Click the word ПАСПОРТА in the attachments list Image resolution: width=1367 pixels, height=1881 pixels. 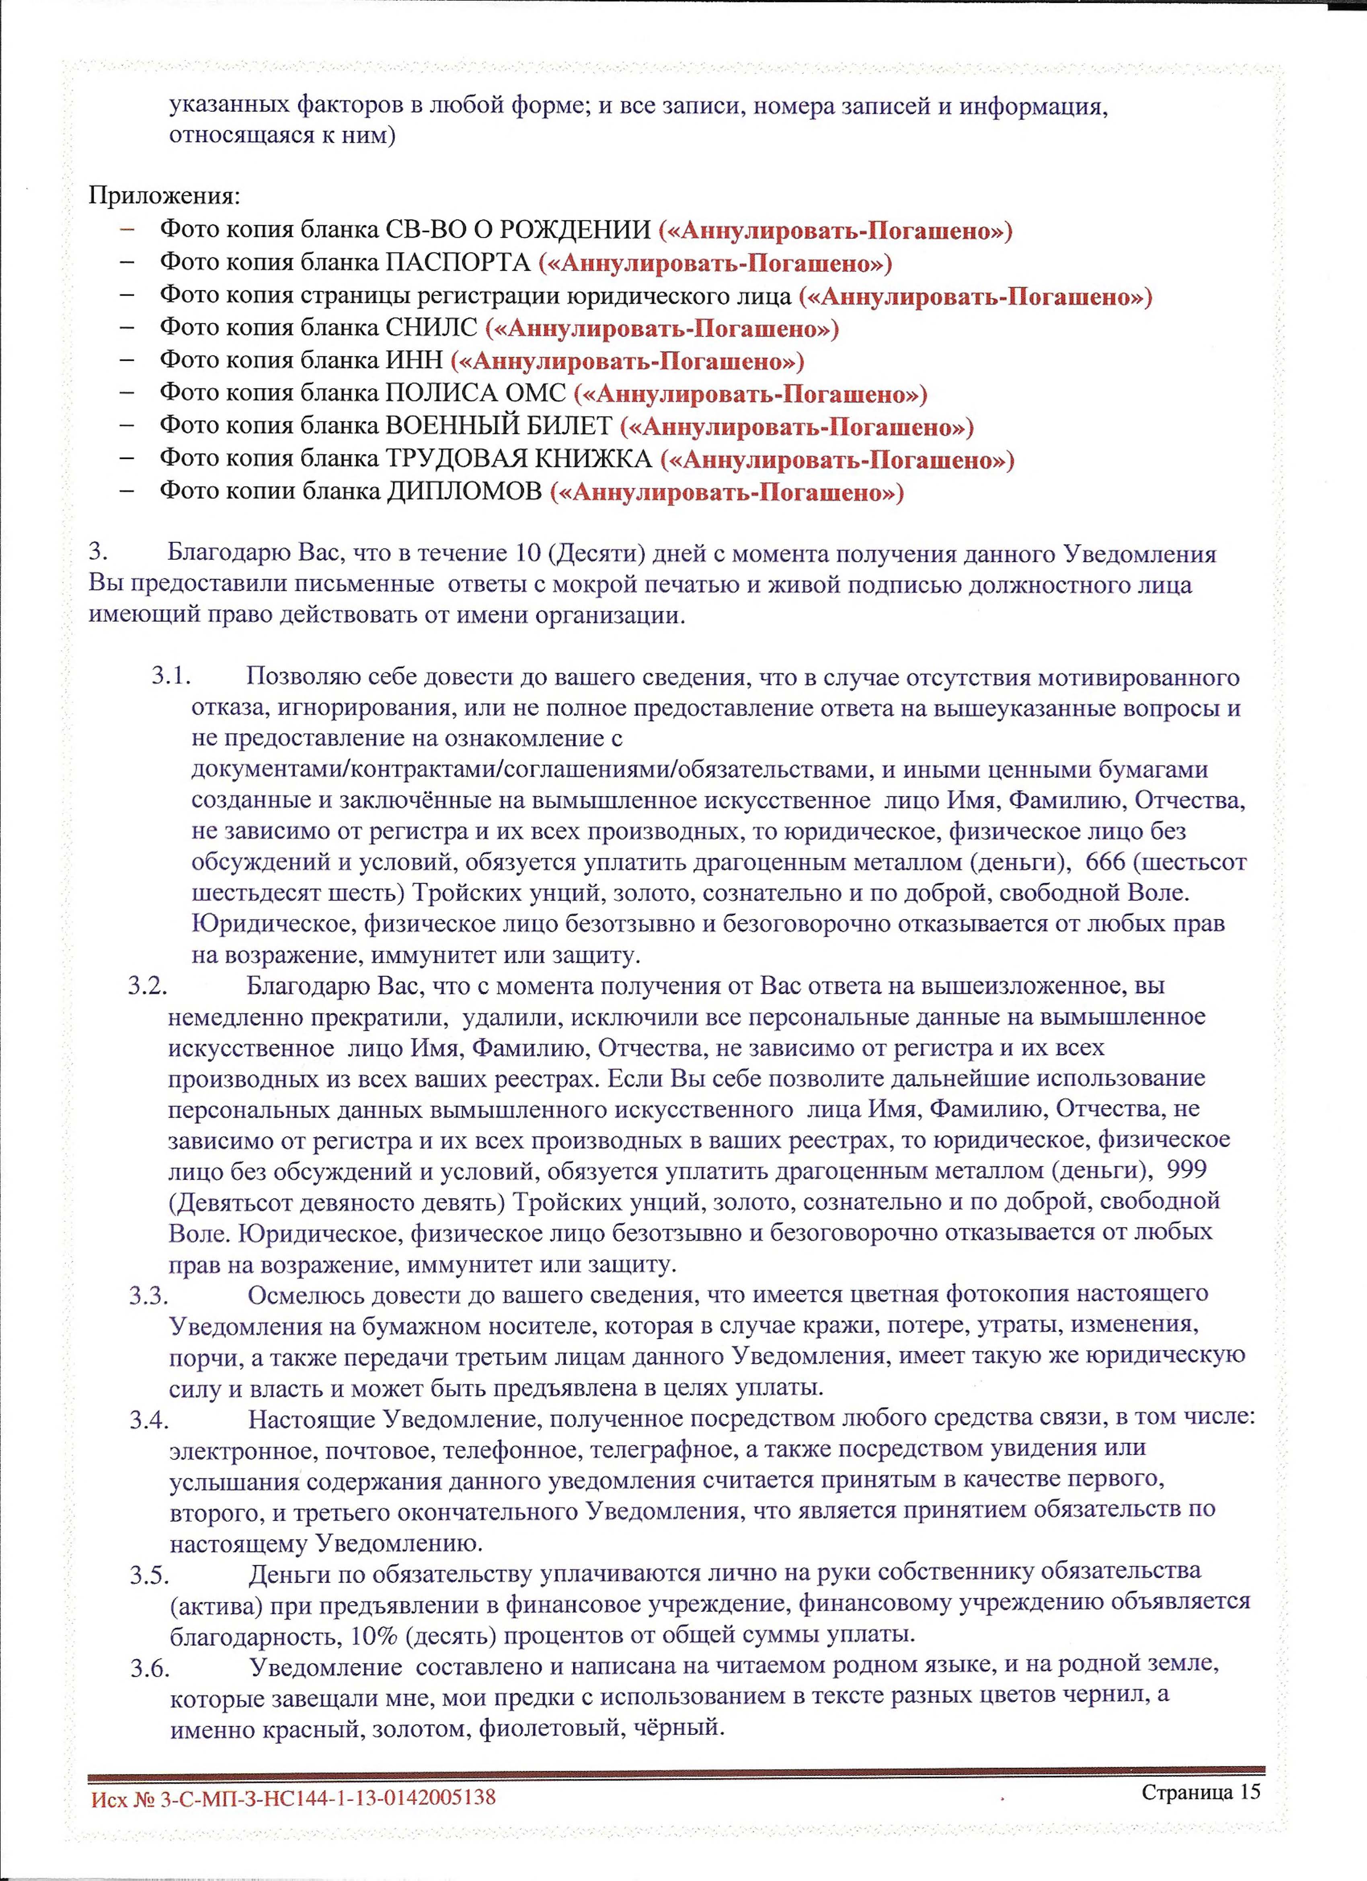pyautogui.click(x=458, y=263)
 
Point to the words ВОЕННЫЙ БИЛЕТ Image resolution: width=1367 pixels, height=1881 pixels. pyautogui.click(x=499, y=426)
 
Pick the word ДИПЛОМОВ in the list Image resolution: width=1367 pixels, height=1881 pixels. pyautogui.click(x=464, y=492)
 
